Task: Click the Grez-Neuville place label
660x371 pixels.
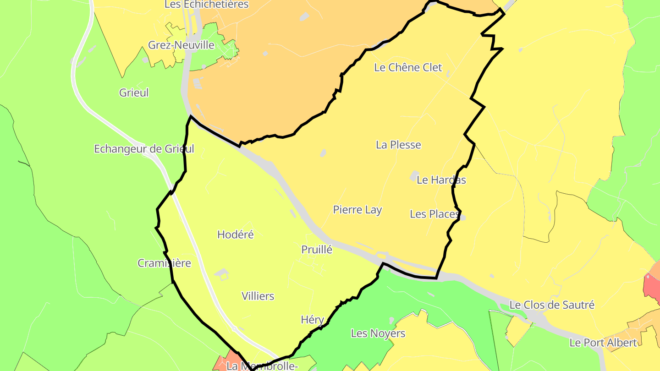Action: click(181, 45)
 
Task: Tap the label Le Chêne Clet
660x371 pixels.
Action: click(408, 67)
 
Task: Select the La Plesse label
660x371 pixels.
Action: click(398, 145)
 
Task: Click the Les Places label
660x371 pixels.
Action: click(434, 214)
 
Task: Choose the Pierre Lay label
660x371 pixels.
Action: click(357, 210)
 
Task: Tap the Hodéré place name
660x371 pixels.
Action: click(235, 235)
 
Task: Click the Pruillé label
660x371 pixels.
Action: click(317, 250)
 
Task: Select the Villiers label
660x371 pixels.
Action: click(258, 296)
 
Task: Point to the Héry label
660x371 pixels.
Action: click(312, 320)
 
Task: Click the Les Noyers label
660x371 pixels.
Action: click(378, 333)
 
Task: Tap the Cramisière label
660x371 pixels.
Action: click(164, 263)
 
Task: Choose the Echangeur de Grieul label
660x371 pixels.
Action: click(144, 149)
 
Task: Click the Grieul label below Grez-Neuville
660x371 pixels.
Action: click(134, 93)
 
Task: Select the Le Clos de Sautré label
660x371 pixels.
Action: click(552, 305)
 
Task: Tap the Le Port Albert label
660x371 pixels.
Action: click(603, 342)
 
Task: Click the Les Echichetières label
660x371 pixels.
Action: click(206, 5)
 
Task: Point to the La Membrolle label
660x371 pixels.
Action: click(262, 366)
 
